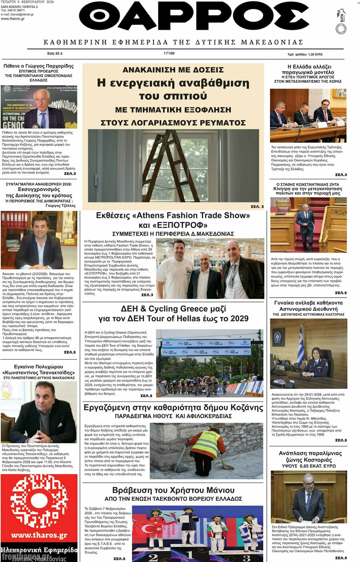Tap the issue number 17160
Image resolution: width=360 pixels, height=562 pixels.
[169, 53]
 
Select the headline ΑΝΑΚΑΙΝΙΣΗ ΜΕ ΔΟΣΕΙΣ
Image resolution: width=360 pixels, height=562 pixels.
[173, 70]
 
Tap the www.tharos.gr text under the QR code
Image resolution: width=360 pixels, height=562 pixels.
[39, 535]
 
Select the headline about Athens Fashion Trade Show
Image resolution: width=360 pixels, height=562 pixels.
[173, 220]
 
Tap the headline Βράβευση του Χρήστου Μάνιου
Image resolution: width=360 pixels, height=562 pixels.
[173, 490]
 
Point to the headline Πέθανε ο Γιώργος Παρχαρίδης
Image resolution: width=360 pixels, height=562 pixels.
[39, 66]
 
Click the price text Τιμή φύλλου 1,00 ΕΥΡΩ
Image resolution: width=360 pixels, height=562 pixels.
[305, 54]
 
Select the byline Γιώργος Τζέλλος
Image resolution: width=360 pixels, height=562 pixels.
[60, 206]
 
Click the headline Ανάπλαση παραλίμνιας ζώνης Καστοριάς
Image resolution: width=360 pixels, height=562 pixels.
[310, 456]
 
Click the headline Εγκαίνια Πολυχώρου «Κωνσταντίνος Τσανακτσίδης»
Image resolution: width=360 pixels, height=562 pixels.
[39, 370]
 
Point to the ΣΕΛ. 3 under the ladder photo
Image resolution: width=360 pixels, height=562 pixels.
[257, 206]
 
